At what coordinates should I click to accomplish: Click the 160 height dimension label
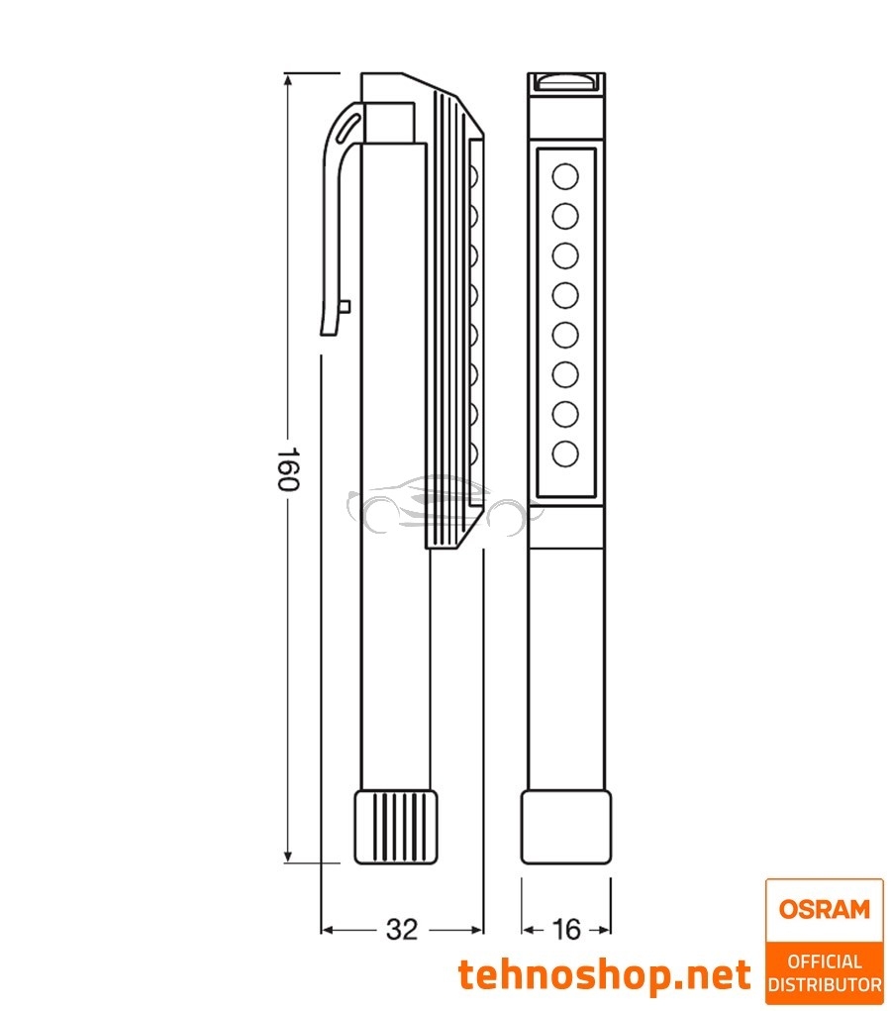click(287, 469)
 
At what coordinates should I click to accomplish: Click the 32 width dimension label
click(401, 930)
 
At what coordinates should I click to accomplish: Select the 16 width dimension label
click(566, 930)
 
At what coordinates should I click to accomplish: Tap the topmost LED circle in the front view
click(565, 177)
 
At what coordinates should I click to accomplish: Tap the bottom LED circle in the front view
click(565, 454)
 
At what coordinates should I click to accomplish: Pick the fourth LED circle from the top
click(565, 295)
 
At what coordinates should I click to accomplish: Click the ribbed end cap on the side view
click(396, 826)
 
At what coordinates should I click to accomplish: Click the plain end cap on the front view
click(565, 827)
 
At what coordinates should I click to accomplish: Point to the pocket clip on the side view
click(337, 218)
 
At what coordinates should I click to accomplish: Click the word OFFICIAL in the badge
click(824, 960)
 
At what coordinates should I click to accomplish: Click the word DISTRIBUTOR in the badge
click(824, 985)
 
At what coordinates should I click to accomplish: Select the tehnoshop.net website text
click(604, 975)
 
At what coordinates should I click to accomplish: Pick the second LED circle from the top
click(565, 216)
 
